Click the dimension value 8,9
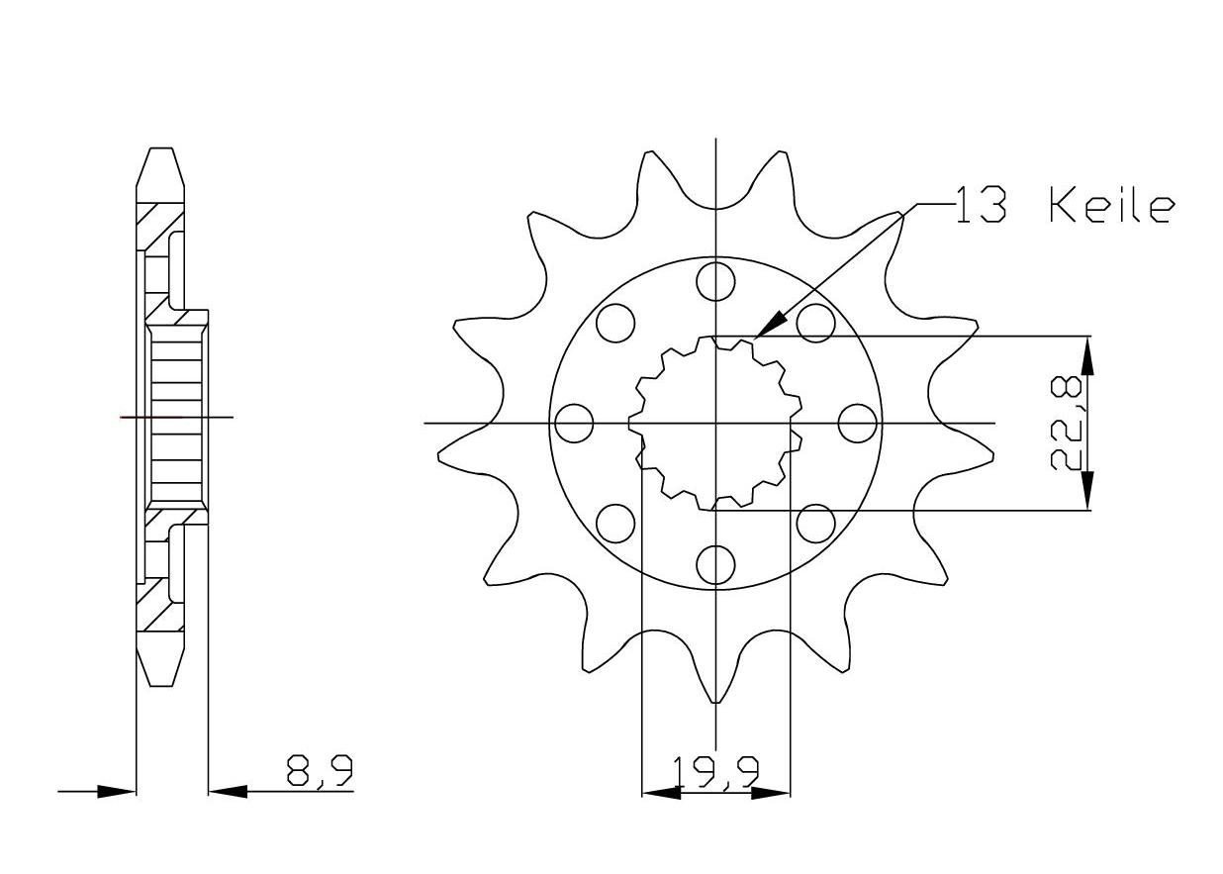coord(320,770)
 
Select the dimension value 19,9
coord(714,772)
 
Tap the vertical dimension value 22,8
coord(1068,425)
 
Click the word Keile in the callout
coord(1111,207)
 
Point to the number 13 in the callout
coord(981,207)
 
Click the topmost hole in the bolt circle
coord(715,282)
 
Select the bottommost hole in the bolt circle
coord(715,565)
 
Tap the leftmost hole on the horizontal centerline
coord(574,424)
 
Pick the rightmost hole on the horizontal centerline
coord(857,424)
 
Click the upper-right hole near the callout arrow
coord(815,323)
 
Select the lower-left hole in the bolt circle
coord(615,524)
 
